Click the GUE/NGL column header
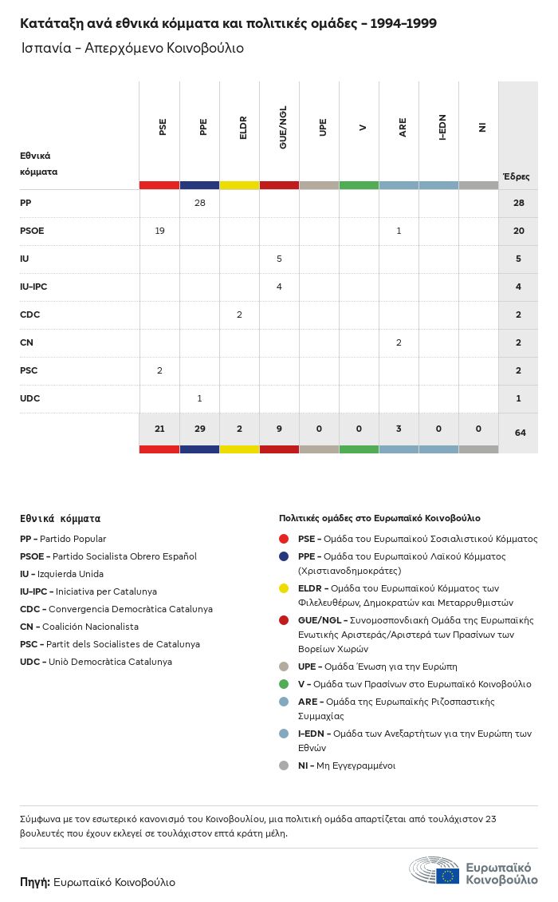(x=283, y=127)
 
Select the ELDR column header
(x=243, y=127)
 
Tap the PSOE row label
(x=32, y=231)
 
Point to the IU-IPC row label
(x=39, y=287)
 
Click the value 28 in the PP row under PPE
(x=200, y=203)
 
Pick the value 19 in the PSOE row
(x=159, y=231)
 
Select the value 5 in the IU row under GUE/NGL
(x=279, y=259)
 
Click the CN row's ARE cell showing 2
(x=399, y=342)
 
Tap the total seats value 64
(x=520, y=433)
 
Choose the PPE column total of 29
(x=200, y=429)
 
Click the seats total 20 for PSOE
(x=519, y=231)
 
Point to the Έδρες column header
(x=516, y=176)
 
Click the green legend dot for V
(x=284, y=684)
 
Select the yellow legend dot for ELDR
(x=284, y=588)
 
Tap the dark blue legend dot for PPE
(x=284, y=556)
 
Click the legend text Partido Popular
(x=73, y=539)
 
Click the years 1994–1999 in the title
(x=404, y=23)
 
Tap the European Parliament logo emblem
(x=435, y=870)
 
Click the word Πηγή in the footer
(x=34, y=882)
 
